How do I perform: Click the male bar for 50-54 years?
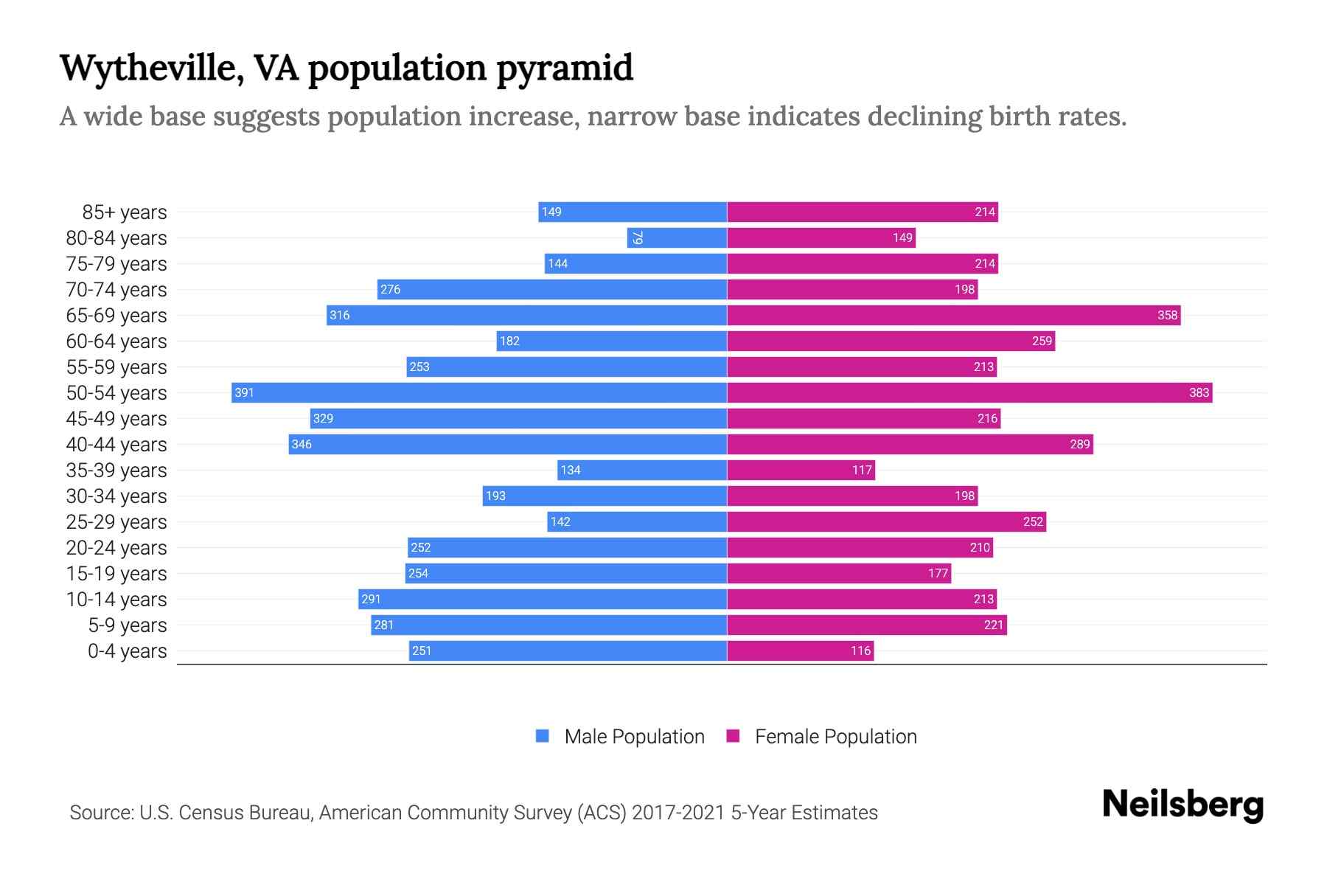(479, 392)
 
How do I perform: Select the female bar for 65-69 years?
(953, 315)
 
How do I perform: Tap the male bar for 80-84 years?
(677, 237)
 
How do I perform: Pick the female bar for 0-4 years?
(800, 650)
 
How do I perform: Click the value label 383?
(1199, 392)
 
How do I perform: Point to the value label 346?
(302, 444)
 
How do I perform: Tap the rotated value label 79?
(638, 237)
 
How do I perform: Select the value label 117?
(862, 470)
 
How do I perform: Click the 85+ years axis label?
(125, 212)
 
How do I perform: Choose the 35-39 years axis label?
(116, 471)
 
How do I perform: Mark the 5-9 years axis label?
(128, 625)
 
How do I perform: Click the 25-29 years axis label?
(116, 522)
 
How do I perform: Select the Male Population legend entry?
(634, 737)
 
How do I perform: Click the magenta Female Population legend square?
(733, 736)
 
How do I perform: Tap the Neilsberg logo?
(1183, 805)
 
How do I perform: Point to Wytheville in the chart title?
(152, 69)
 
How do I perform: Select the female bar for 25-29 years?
(886, 521)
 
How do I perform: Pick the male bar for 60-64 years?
(612, 341)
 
